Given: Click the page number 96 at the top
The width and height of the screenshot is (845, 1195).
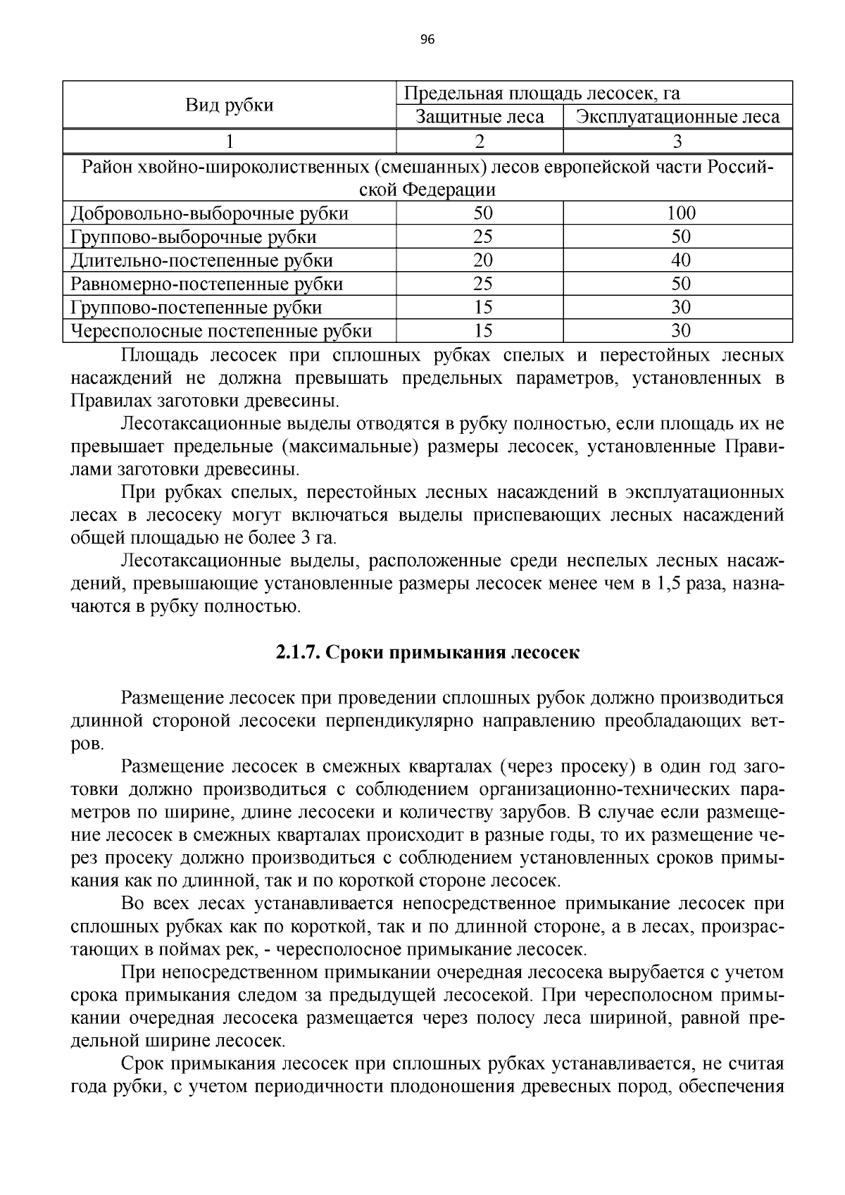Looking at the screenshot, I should pos(427,39).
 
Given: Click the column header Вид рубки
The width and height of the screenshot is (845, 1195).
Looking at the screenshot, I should pos(230,106).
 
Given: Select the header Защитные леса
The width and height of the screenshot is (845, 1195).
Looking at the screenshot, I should pos(480,117).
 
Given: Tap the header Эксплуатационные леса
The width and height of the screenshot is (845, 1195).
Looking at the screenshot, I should pos(677,117).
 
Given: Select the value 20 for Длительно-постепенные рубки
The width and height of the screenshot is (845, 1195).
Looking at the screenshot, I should pos(482,261).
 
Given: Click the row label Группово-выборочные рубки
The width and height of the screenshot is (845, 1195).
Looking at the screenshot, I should pos(194,237).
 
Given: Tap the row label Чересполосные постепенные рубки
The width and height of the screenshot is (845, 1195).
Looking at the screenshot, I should pos(221,331).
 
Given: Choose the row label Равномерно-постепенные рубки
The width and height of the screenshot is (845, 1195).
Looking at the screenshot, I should pos(207,284).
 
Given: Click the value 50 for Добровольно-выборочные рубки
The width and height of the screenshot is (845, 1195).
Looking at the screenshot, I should pos(482,213).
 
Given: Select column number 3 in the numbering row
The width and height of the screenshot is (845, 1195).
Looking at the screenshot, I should pos(677,142).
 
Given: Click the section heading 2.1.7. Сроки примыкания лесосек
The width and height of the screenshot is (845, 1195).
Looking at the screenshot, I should pos(427,652).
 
